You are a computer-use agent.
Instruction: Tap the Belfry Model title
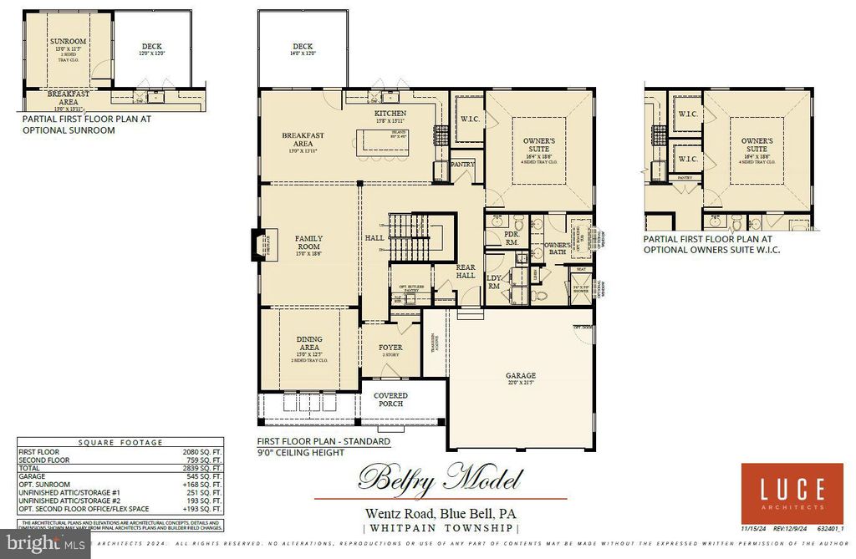[x=441, y=479]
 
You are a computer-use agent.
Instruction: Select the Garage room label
[x=519, y=376]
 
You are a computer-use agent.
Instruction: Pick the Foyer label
[x=390, y=347]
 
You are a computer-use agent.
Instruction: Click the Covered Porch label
[x=390, y=399]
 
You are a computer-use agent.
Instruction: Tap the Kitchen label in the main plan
[x=390, y=113]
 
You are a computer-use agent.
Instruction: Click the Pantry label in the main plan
[x=462, y=165]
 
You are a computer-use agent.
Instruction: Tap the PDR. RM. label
[x=512, y=238]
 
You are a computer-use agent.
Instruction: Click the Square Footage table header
[x=120, y=443]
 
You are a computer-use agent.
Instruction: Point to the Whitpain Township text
[x=441, y=528]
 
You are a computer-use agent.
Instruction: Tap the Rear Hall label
[x=466, y=271]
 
